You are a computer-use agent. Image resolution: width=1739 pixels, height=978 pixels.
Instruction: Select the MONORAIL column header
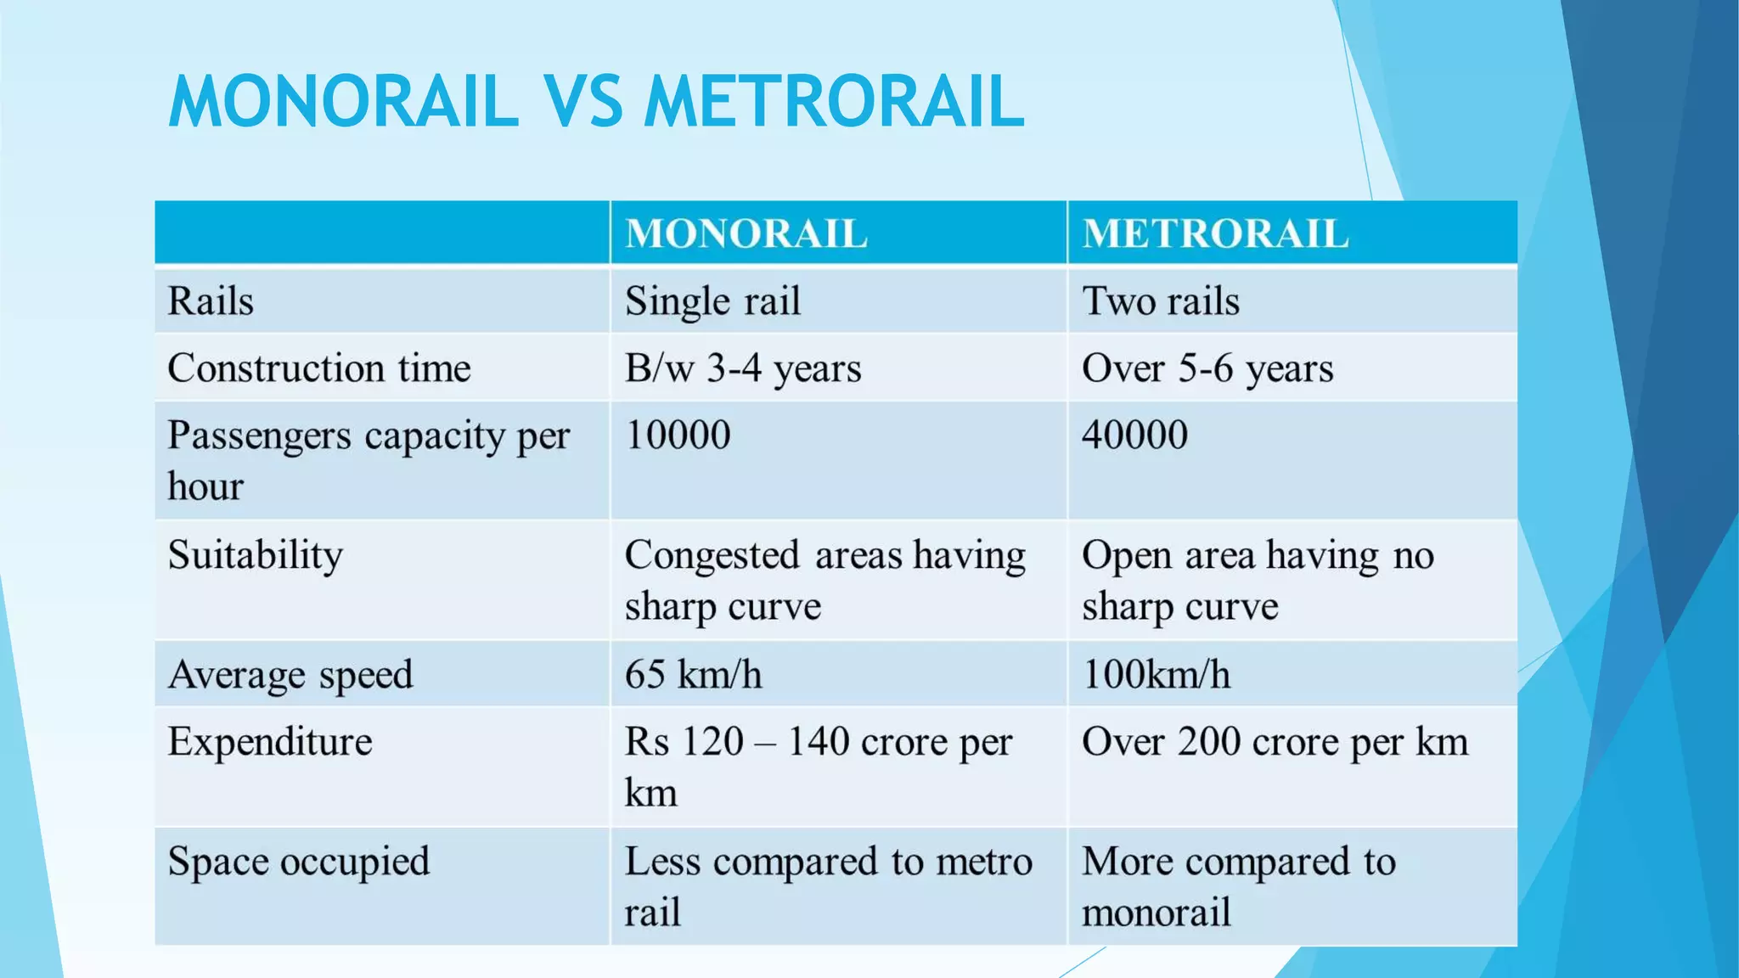[x=746, y=233]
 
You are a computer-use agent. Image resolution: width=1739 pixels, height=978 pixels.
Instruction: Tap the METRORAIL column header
[x=1215, y=233]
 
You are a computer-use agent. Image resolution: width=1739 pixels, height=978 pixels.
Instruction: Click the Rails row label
[x=211, y=301]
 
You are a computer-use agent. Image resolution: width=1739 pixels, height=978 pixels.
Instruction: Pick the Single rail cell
[x=712, y=301]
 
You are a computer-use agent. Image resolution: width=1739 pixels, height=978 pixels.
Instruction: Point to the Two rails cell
[x=1160, y=301]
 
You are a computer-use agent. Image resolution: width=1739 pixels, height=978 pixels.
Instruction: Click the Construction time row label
[x=318, y=368]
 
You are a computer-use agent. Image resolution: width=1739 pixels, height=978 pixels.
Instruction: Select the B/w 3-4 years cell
[x=743, y=368]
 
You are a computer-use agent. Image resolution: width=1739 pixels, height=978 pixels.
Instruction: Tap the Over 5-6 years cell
[x=1207, y=368]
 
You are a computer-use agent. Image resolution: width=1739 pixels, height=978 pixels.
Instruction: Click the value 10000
[x=678, y=436]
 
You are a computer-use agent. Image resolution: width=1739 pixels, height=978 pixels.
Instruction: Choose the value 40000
[x=1134, y=436]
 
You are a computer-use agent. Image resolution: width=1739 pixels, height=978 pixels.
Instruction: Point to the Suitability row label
[x=255, y=556]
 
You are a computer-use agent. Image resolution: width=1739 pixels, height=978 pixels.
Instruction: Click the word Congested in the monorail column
[x=712, y=556]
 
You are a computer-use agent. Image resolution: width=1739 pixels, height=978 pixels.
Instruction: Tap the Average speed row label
[x=290, y=675]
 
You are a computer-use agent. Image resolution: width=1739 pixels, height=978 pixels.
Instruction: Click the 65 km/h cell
[x=693, y=675]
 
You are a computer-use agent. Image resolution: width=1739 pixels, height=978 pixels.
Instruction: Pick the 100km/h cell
[x=1156, y=675]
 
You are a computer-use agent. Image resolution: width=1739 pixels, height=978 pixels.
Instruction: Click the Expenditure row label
[x=270, y=742]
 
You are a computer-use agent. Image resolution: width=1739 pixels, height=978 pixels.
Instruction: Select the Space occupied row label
[x=298, y=862]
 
